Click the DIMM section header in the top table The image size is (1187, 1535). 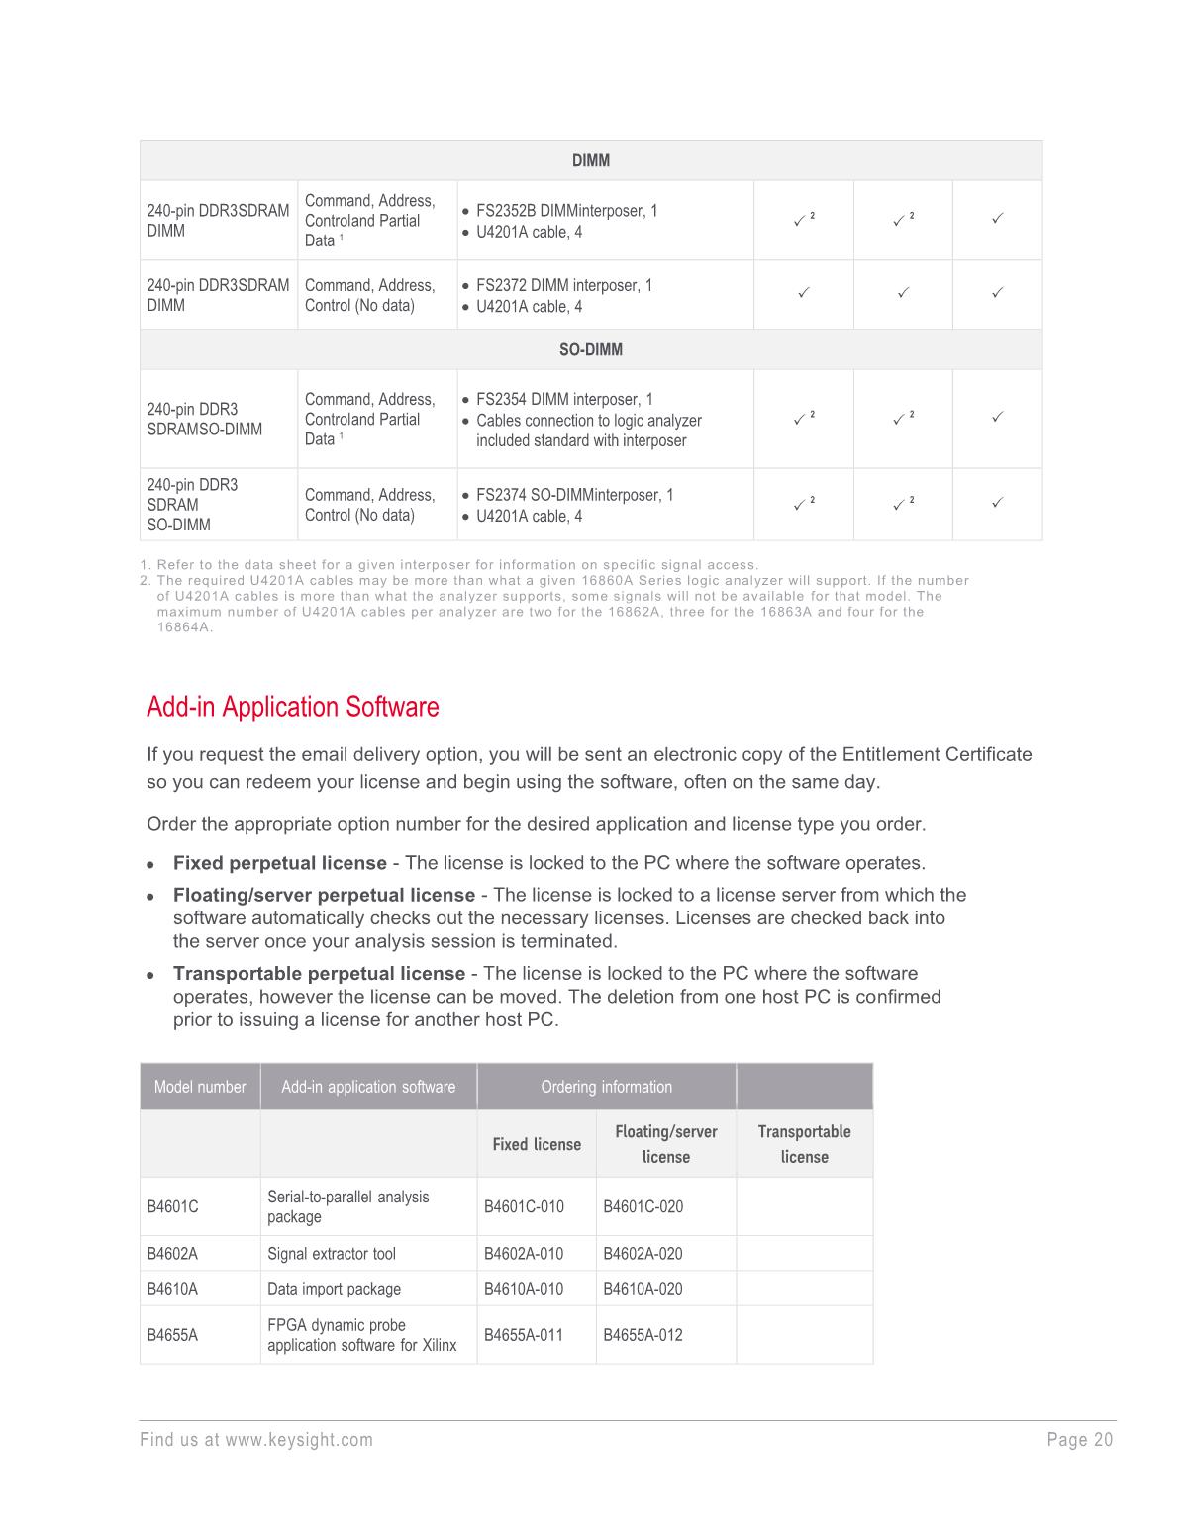(x=590, y=160)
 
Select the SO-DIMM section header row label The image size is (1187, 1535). (x=590, y=349)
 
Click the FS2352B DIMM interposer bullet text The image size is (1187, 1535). (x=566, y=211)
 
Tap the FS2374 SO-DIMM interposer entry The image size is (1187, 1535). (x=574, y=495)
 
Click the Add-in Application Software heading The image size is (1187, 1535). (x=292, y=707)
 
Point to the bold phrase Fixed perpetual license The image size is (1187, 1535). (x=280, y=863)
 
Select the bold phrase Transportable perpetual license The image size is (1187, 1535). (x=319, y=973)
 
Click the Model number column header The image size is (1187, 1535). (x=200, y=1087)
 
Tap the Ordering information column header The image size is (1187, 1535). (x=606, y=1087)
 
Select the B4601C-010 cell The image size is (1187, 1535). (x=524, y=1206)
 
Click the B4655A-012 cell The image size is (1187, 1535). (x=643, y=1335)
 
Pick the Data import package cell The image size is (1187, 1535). (x=334, y=1289)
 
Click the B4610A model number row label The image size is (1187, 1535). (x=172, y=1289)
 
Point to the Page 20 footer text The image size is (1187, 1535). (x=1079, y=1440)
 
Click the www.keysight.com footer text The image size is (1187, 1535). (x=299, y=1440)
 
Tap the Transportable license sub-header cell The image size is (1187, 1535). (x=804, y=1144)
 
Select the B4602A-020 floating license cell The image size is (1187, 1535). (x=643, y=1254)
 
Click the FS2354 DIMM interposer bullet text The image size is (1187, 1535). (x=564, y=400)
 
